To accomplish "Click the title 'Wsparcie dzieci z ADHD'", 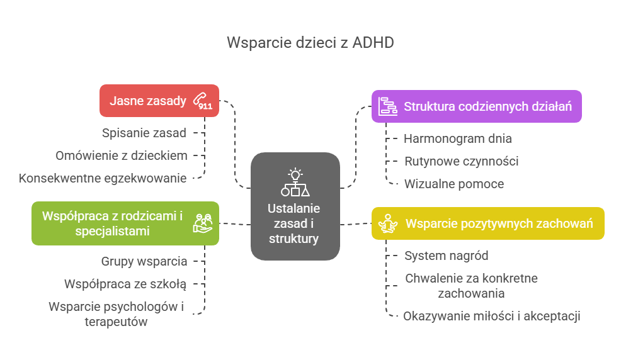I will (x=310, y=43).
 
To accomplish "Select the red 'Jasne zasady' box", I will (x=148, y=101).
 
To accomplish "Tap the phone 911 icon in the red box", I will (x=203, y=101).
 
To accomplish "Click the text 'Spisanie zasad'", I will (x=144, y=133).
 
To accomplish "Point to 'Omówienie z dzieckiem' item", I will (x=121, y=155).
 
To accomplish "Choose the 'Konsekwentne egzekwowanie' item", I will (x=103, y=178).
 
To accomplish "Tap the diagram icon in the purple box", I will (x=387, y=107).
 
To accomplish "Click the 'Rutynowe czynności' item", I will (x=461, y=161).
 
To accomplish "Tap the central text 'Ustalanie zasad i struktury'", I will (x=294, y=223).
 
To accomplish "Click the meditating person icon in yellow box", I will (x=387, y=223).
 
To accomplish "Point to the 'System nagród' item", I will (x=446, y=256).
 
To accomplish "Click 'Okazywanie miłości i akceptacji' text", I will (x=491, y=316).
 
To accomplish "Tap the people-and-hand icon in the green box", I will (x=203, y=223).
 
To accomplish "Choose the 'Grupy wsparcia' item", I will (x=144, y=261).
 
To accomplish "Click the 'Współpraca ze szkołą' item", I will (x=125, y=284).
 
